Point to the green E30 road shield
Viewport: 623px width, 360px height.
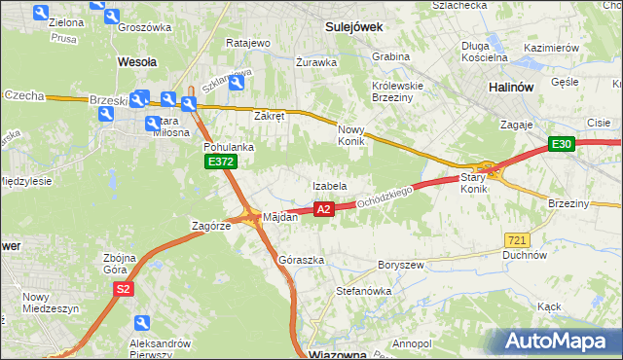[x=561, y=145]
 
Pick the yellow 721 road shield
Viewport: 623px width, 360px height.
[x=518, y=239]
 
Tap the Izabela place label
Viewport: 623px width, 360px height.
[x=330, y=185]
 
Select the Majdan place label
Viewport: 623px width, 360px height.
[x=279, y=217]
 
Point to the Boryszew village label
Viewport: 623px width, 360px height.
[x=400, y=264]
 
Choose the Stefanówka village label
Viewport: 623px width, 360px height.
[x=363, y=290]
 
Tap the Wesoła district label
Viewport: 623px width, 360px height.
[x=137, y=60]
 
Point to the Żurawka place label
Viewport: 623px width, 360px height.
[x=316, y=61]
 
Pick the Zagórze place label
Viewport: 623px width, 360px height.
[x=210, y=225]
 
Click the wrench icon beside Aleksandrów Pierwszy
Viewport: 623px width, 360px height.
[x=143, y=323]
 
